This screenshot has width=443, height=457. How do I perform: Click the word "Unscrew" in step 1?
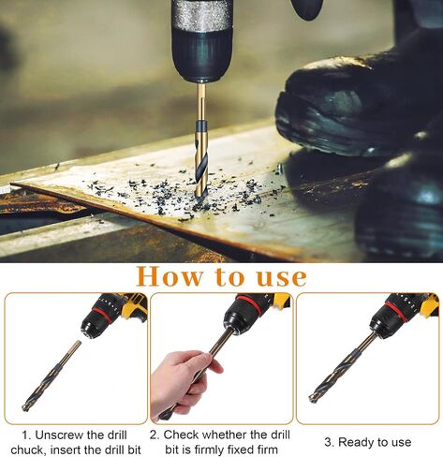coord(58,435)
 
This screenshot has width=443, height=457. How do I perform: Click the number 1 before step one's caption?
coord(25,435)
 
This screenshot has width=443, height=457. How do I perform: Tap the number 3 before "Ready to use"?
coord(329,442)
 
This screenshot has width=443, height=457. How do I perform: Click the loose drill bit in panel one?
coord(52,376)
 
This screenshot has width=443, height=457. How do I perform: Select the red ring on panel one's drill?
coord(101,315)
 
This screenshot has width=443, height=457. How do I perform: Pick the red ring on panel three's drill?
coord(396,311)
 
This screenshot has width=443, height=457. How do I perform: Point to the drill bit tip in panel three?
coord(312,399)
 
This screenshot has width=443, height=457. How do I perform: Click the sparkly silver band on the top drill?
coord(202,16)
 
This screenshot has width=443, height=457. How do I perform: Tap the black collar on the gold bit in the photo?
coord(201,126)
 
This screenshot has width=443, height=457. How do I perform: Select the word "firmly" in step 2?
coord(209,450)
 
